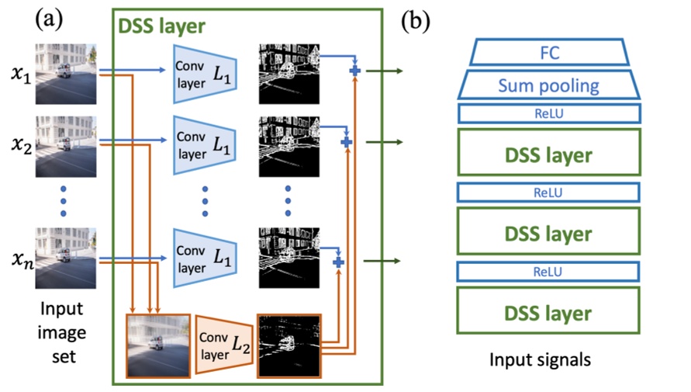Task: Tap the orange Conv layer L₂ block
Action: (x=221, y=344)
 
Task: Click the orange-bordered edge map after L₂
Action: (x=289, y=344)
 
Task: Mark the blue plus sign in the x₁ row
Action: (x=355, y=71)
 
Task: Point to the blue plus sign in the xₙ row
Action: (x=338, y=264)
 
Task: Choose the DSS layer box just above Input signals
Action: (x=548, y=313)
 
